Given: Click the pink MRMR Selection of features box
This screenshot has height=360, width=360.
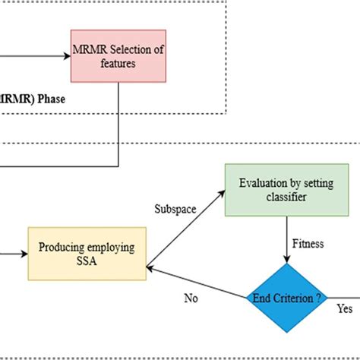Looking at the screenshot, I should pyautogui.click(x=119, y=56).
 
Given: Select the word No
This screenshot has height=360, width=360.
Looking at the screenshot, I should pyautogui.click(x=191, y=298).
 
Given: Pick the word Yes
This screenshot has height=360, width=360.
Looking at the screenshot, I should pyautogui.click(x=344, y=308).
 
